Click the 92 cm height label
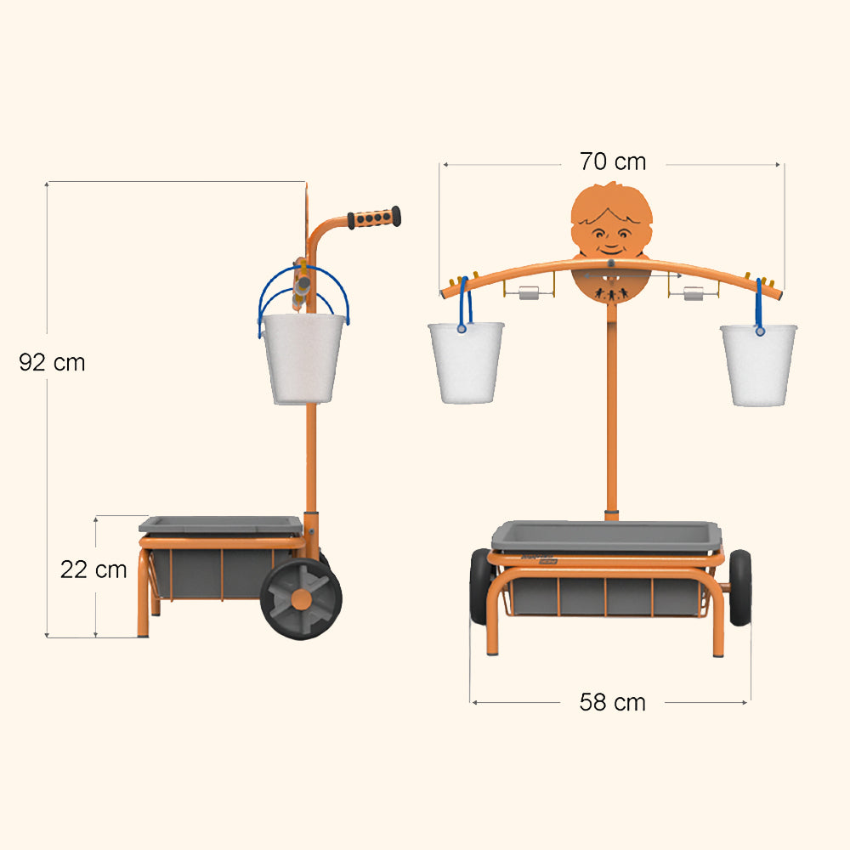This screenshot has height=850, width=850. [52, 363]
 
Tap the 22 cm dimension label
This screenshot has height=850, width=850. [93, 569]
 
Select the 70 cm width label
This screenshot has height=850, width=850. [613, 161]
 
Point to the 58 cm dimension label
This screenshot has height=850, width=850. [613, 702]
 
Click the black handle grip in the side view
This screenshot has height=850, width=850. [374, 218]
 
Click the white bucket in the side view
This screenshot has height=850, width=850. [303, 358]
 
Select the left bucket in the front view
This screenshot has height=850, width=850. [467, 363]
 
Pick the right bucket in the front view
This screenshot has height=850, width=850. [758, 365]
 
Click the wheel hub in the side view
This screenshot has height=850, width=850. [302, 599]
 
